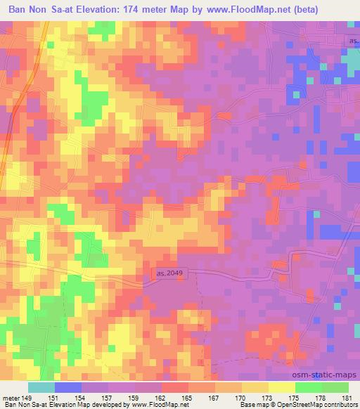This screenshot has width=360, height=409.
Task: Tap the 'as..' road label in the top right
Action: [354, 41]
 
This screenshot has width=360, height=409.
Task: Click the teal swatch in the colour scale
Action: [41, 387]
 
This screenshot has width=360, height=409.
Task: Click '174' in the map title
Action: [139, 10]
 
